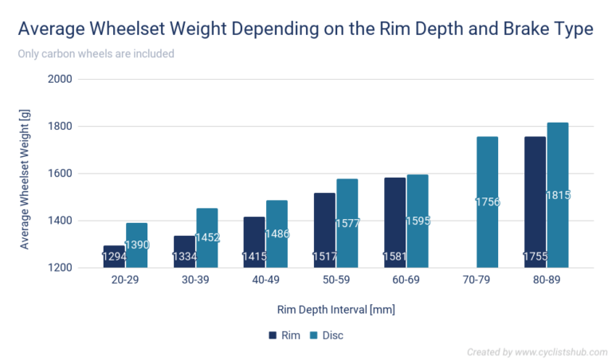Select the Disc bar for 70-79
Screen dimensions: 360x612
click(x=487, y=202)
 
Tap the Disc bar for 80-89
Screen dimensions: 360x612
click(x=557, y=195)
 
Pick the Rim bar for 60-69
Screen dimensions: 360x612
click(x=394, y=222)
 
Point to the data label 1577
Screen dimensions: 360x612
click(x=347, y=223)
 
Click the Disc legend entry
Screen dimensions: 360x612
click(x=327, y=335)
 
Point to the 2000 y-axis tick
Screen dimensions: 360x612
click(x=61, y=80)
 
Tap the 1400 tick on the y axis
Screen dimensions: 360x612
click(x=61, y=221)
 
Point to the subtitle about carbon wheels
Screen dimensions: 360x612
click(x=96, y=54)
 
